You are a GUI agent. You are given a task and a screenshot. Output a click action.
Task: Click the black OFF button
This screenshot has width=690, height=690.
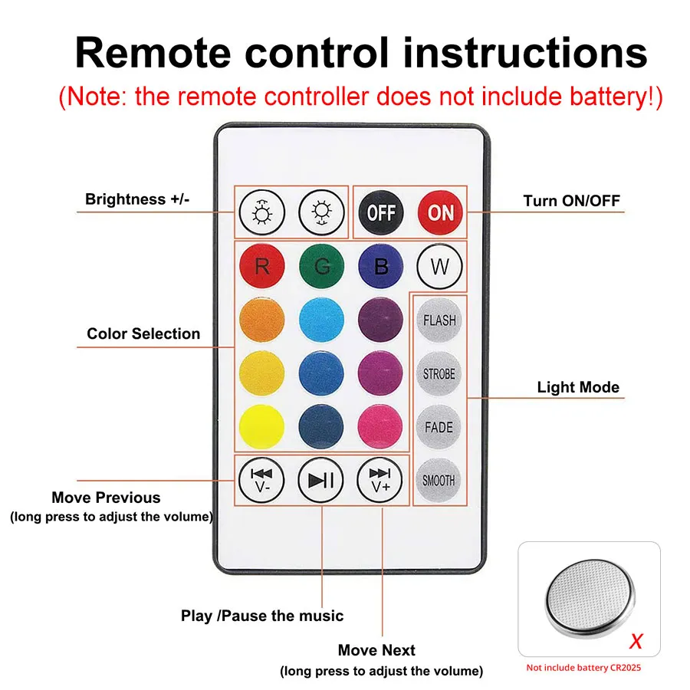pos(380,212)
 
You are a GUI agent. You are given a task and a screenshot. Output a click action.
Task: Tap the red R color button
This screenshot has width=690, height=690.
pos(262,267)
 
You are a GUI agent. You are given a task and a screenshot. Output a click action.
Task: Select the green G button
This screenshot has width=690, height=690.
pos(321,267)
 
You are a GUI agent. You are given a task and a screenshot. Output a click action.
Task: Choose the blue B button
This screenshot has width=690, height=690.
pos(380,267)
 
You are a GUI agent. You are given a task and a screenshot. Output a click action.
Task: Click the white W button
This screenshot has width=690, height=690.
pos(439,268)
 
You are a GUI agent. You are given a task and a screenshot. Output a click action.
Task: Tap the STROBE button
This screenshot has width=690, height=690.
pos(439,374)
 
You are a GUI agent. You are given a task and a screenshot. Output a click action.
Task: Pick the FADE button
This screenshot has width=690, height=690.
pos(439,427)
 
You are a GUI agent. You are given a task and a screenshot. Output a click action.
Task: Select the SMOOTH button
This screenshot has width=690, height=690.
pos(439,481)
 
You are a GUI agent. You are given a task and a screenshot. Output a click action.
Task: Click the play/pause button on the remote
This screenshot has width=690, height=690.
pos(320,481)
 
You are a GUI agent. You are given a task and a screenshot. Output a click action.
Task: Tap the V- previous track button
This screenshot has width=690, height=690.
pos(261,481)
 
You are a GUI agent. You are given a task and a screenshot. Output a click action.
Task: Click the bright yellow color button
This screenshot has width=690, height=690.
pos(262,426)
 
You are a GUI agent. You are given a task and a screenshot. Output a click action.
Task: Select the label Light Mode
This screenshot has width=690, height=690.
pos(578,387)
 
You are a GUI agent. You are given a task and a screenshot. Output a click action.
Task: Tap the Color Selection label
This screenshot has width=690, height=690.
pos(143,333)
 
